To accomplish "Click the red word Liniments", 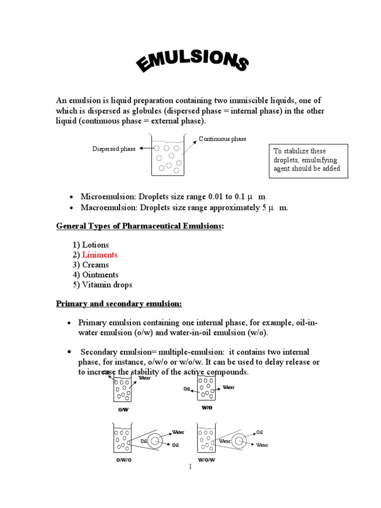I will click(100, 254).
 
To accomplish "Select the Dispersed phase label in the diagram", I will click(114, 149).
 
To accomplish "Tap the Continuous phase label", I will click(222, 139).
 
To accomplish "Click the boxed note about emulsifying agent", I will click(307, 160).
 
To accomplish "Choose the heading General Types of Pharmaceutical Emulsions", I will click(140, 226).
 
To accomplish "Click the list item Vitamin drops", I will click(107, 284).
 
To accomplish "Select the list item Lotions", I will click(95, 245).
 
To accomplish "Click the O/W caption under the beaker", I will click(123, 410).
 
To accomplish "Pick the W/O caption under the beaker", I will click(206, 408).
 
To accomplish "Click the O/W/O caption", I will click(124, 460).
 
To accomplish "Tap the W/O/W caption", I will click(208, 460).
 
